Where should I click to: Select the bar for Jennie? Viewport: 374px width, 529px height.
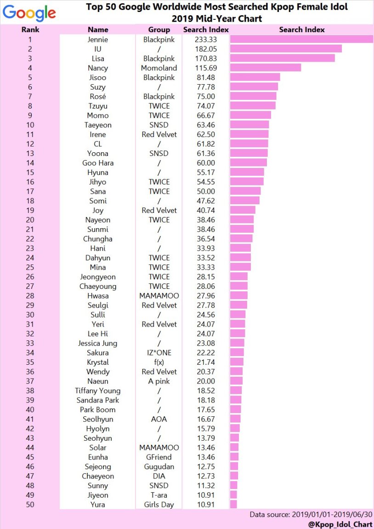click(x=301, y=40)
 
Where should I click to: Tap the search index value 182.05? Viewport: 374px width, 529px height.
click(x=206, y=49)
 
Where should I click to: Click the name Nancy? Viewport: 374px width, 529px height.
click(x=97, y=68)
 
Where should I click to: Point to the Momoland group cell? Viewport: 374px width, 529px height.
click(x=159, y=68)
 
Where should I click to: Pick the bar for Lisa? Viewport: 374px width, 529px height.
click(x=282, y=58)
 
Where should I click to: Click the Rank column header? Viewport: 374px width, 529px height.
click(x=30, y=29)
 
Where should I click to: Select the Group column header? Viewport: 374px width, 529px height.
click(x=159, y=29)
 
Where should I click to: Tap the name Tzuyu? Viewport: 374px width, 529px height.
click(x=97, y=106)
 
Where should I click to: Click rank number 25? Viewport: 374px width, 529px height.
click(x=30, y=267)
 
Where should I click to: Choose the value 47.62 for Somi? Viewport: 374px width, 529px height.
click(x=206, y=201)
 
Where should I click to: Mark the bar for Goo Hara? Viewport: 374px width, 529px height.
click(x=248, y=163)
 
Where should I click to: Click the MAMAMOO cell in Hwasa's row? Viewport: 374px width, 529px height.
click(x=159, y=296)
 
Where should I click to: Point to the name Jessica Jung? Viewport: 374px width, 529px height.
click(x=97, y=343)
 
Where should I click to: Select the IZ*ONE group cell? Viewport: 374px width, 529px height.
click(x=159, y=352)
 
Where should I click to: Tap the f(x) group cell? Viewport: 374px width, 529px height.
click(x=159, y=362)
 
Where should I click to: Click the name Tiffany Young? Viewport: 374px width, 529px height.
click(x=97, y=391)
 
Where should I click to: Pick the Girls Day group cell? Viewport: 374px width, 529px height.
click(x=159, y=505)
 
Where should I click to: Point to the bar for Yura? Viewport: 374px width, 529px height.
click(x=233, y=505)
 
